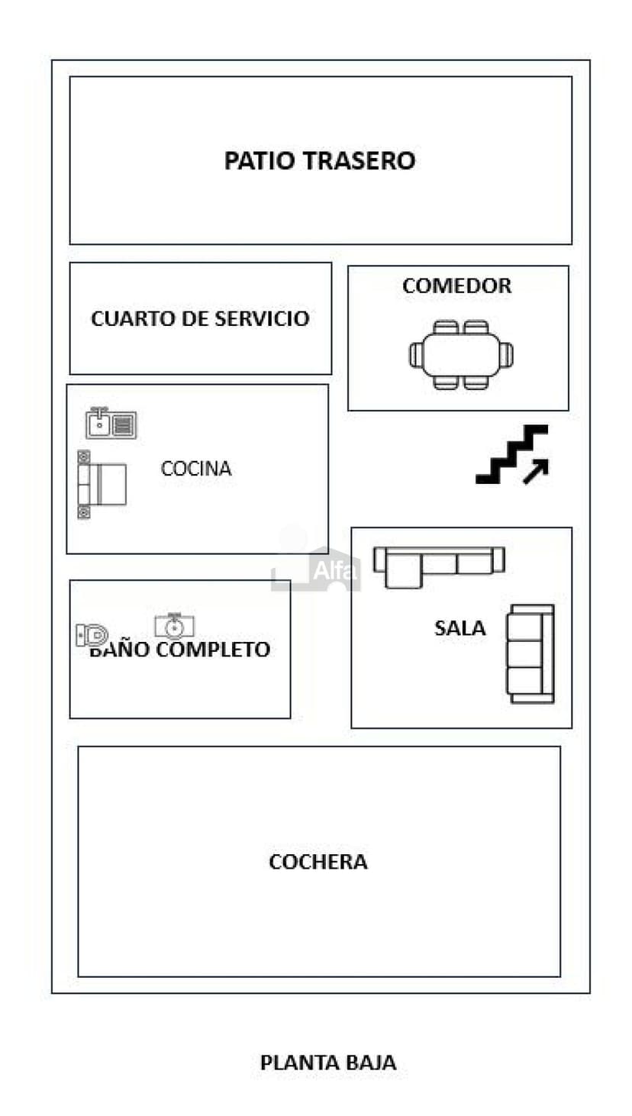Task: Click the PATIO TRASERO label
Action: click(x=319, y=161)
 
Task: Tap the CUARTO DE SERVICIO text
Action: click(x=200, y=318)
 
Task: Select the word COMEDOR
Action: click(x=456, y=286)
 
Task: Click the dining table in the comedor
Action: click(x=461, y=355)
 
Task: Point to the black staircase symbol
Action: click(x=510, y=453)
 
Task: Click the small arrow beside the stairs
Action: click(x=536, y=472)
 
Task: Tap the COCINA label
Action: click(x=196, y=469)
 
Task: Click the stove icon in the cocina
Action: click(x=102, y=484)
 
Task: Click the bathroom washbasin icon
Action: click(x=174, y=626)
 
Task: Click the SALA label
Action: click(x=459, y=628)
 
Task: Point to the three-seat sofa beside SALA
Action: click(x=530, y=653)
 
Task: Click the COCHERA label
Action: click(x=318, y=862)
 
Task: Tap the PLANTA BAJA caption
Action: click(x=328, y=1063)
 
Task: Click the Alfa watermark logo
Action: click(x=316, y=565)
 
